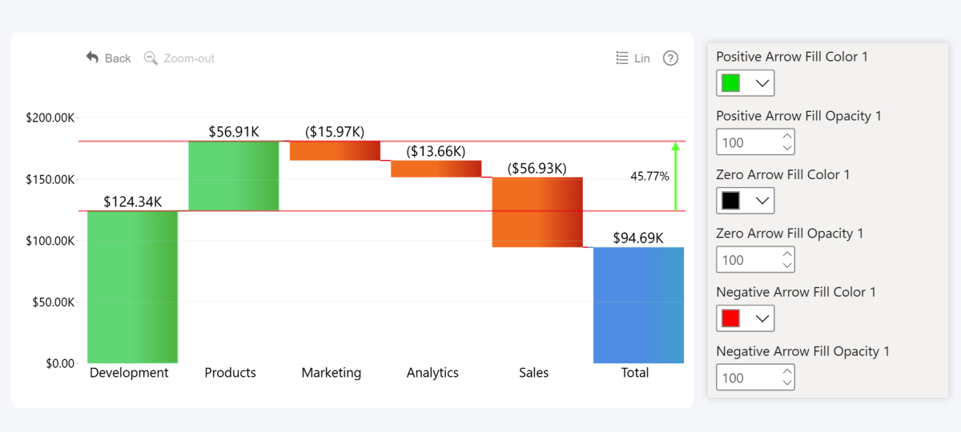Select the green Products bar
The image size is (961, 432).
(x=234, y=176)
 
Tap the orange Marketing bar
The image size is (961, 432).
(x=335, y=150)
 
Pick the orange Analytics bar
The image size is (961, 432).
(x=436, y=169)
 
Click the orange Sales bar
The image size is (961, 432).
(x=537, y=212)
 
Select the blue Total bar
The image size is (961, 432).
(x=638, y=305)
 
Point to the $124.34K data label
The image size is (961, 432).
(x=132, y=202)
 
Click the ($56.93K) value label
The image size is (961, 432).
(x=537, y=168)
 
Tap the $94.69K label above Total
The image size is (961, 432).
(x=638, y=238)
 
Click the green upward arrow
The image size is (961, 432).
(x=675, y=176)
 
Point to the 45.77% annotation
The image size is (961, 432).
(x=649, y=176)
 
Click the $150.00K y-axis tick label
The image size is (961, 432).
(x=50, y=179)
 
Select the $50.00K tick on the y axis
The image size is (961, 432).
(x=52, y=302)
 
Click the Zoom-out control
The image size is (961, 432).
(x=179, y=58)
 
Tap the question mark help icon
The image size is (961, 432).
(x=671, y=58)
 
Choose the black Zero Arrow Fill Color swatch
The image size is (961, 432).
(x=730, y=201)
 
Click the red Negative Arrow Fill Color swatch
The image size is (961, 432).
(x=730, y=318)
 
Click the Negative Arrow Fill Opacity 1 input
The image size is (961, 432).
(x=746, y=378)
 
